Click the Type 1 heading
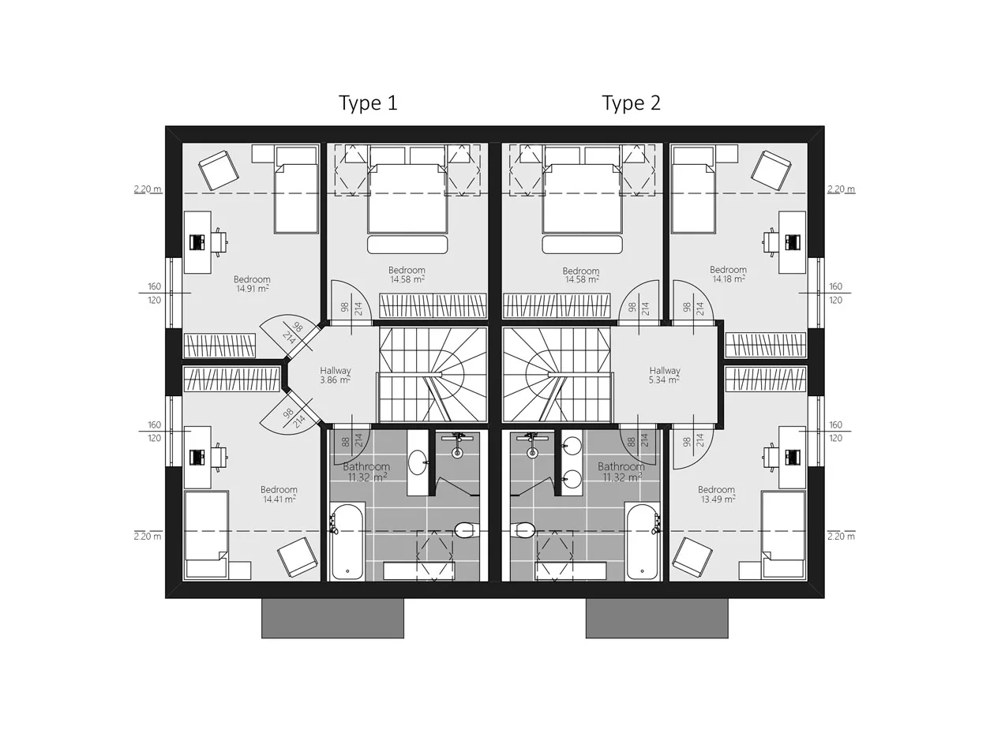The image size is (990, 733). tap(368, 103)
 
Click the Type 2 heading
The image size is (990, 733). tap(631, 103)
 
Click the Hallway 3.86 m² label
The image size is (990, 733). tap(336, 376)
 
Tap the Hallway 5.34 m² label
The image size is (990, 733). tap(665, 376)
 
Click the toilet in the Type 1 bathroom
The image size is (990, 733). tap(467, 530)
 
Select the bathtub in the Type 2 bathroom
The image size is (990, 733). tap(643, 541)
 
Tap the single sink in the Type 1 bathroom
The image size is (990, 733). tap(418, 462)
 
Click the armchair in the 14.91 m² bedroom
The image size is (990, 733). tap(218, 170)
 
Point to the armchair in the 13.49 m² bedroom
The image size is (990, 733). tap(692, 558)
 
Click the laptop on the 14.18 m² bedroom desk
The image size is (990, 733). tap(793, 242)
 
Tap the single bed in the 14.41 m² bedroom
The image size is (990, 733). tap(207, 535)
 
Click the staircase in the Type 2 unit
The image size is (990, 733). tap(557, 375)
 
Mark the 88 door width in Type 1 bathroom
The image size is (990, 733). tap(345, 442)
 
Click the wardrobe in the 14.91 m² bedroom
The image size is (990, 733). tap(220, 346)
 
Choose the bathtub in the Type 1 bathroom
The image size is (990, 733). tap(347, 541)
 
